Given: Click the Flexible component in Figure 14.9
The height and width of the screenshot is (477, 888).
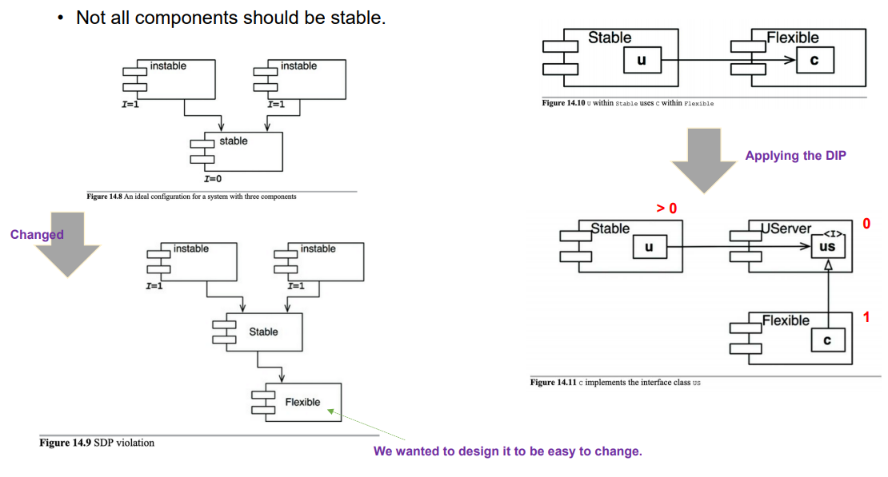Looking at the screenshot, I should click(x=302, y=402).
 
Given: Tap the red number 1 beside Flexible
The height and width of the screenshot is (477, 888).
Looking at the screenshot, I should click(x=866, y=318).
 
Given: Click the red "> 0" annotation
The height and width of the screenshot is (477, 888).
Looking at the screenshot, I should click(x=666, y=209).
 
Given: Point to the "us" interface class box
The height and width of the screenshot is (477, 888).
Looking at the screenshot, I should click(x=827, y=248).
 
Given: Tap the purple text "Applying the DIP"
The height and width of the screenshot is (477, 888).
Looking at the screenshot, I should click(x=794, y=156).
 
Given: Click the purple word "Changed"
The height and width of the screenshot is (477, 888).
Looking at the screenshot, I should click(x=37, y=234).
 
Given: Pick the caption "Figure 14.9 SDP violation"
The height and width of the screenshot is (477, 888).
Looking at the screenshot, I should click(x=97, y=443).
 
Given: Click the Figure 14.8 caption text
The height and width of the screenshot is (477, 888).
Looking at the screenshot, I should click(x=191, y=197).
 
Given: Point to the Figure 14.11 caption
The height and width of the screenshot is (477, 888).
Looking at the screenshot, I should click(x=615, y=383).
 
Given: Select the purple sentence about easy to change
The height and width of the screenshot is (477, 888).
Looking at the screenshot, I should click(x=507, y=451).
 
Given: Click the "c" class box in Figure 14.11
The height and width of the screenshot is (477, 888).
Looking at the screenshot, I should click(x=827, y=340).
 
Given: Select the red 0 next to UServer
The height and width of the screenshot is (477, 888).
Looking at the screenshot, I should click(x=866, y=224).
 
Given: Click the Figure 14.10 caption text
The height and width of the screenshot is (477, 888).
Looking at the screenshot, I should click(x=627, y=104).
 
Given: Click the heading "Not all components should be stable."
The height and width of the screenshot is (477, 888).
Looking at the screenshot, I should click(x=230, y=18).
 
